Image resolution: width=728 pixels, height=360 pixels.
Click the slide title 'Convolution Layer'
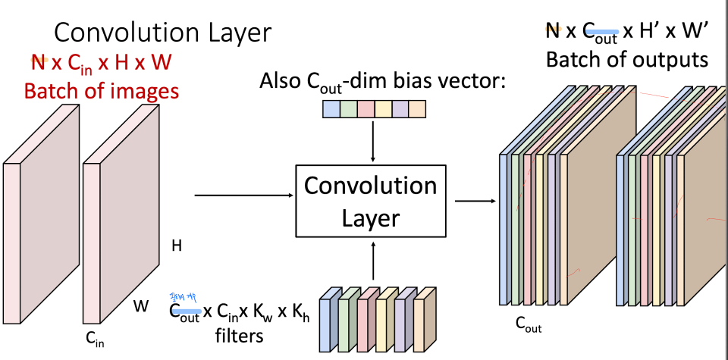coord(162,32)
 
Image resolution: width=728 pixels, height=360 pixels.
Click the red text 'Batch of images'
coord(102,92)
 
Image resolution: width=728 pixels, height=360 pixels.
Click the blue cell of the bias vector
coord(331,109)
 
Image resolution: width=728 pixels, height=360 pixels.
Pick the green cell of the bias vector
coord(348,109)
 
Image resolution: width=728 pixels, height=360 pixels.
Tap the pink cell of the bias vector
coord(366,109)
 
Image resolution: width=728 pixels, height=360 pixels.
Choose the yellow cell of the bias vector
coord(383,109)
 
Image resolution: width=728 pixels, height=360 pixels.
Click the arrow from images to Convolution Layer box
coord(243,196)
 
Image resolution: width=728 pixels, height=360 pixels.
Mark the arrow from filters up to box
coord(373,261)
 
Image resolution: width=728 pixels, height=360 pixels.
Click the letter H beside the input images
coord(177,246)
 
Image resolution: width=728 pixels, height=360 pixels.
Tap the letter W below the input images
coord(141,306)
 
